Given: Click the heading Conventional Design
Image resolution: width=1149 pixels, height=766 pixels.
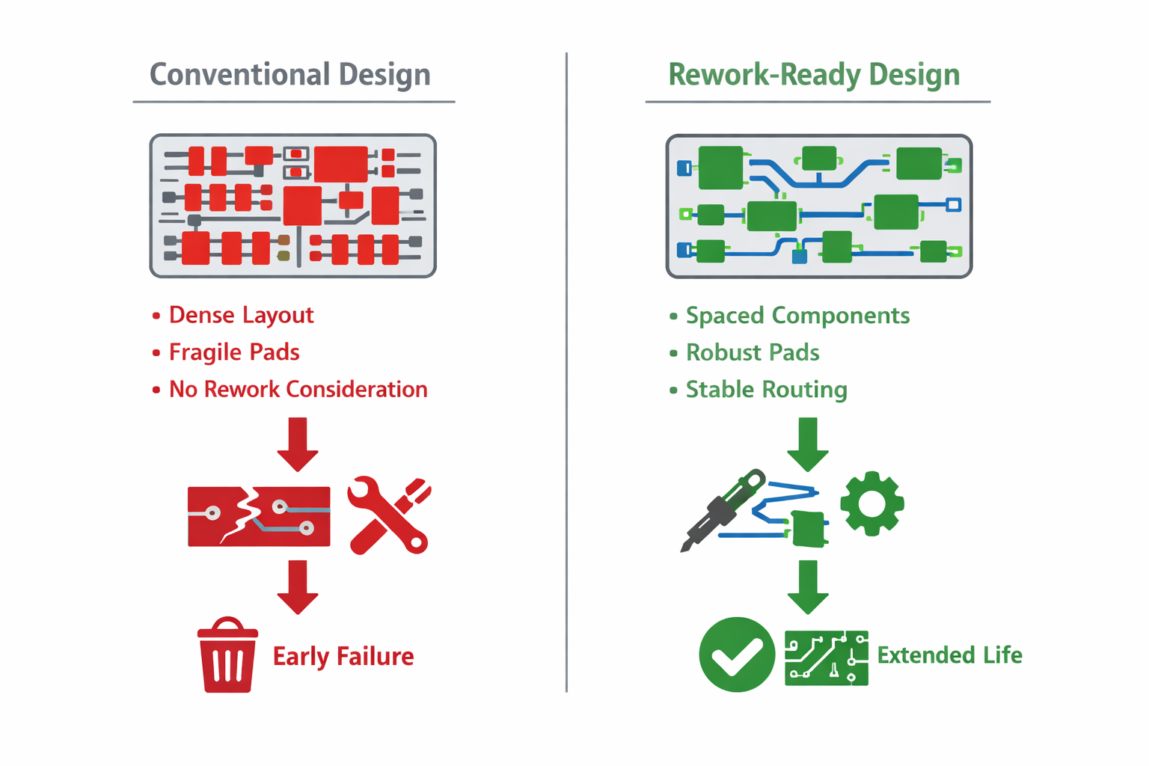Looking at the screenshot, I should pos(289,75).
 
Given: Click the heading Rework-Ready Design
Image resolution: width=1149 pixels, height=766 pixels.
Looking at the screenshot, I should pos(813,75).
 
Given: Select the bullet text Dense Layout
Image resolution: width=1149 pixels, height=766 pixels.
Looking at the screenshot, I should pos(241,315).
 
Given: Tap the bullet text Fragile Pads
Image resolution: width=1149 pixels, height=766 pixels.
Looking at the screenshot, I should pos(234,352).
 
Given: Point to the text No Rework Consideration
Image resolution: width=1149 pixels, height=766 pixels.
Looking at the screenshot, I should pos(298,389).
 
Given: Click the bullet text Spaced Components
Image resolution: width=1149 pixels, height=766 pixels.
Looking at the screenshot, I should pos(797,316).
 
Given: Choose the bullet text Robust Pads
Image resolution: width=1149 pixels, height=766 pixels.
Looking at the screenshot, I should pos(753,352).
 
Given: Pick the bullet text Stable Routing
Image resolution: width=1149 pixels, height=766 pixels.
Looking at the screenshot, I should pos(766,390).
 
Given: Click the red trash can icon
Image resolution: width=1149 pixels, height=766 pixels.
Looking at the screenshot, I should pos(227,655).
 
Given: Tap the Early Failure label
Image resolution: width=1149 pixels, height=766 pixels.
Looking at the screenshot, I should pos(343,656).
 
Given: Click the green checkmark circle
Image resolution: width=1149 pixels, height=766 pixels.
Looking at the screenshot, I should pos(737,655).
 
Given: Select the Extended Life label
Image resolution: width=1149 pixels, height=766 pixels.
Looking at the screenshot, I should pos(949,655).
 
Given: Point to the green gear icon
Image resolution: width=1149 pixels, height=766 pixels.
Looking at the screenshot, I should pos(872,503).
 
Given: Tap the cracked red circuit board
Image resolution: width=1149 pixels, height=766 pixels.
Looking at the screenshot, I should pos(259,516).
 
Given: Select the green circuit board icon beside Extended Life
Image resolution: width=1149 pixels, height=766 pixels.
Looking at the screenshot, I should pos(827,658).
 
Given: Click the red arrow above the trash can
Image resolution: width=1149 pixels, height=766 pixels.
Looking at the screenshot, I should pos(298,586).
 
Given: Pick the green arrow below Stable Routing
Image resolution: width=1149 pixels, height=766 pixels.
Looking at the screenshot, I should pos(808,444).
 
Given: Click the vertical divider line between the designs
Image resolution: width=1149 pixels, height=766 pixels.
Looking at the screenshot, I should pos(566,374).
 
